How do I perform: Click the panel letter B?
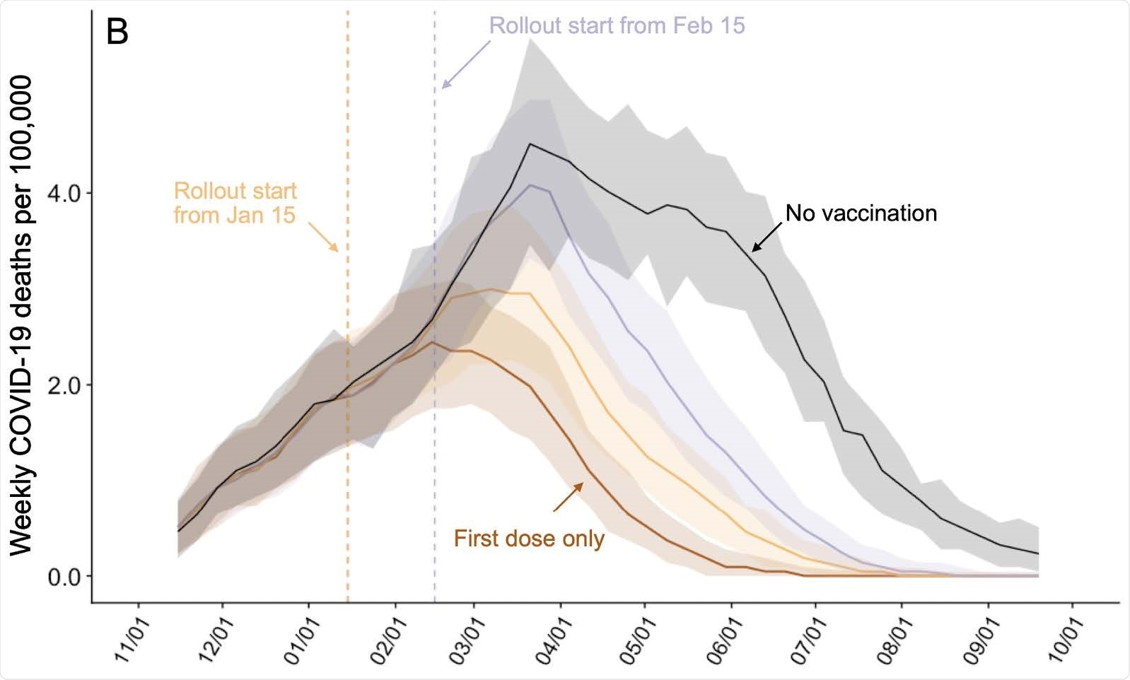tap(117, 32)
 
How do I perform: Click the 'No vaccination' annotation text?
tap(861, 213)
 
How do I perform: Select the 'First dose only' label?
tap(529, 539)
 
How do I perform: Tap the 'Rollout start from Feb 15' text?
tap(617, 25)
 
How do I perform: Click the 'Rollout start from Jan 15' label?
tap(235, 203)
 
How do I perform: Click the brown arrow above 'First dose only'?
tap(569, 497)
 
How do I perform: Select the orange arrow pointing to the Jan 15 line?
tap(324, 236)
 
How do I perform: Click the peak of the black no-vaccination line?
tap(530, 144)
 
